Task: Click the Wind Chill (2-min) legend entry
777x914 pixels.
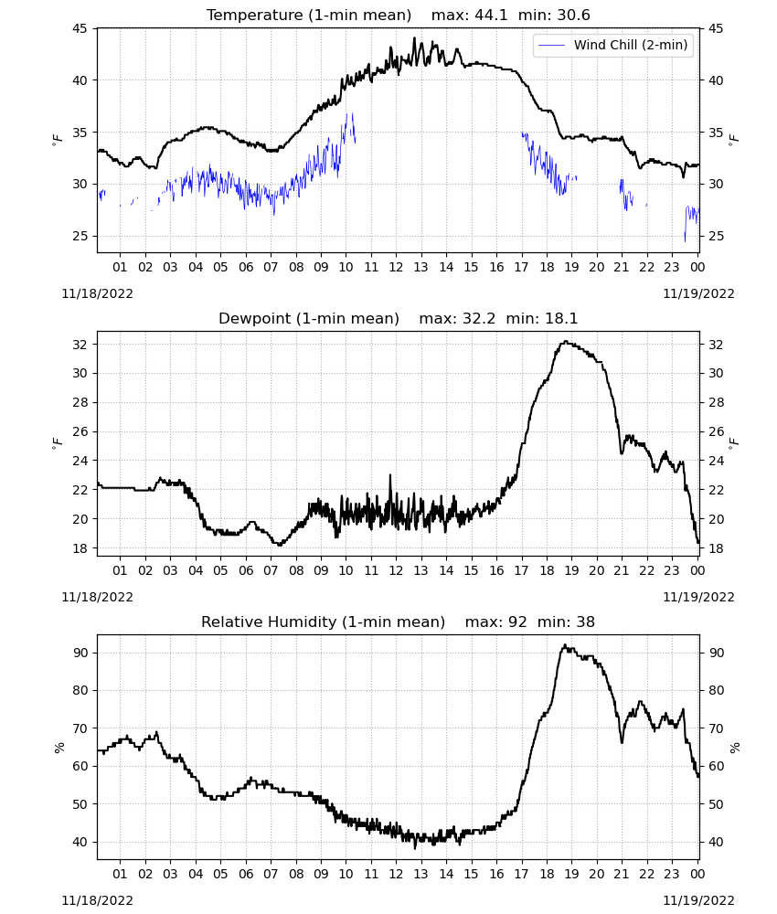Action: (x=612, y=45)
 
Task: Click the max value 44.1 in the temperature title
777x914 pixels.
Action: (x=492, y=15)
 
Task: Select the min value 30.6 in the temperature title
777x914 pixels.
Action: (x=573, y=15)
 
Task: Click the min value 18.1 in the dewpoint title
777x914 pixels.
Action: (x=561, y=318)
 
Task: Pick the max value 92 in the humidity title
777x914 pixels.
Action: (x=517, y=622)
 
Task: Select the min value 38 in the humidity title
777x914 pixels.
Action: (x=586, y=622)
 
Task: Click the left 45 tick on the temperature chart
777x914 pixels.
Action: (x=80, y=28)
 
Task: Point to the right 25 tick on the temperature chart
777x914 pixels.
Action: (x=716, y=236)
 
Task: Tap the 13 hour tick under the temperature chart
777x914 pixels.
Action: (x=420, y=267)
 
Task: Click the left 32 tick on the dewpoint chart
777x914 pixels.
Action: (x=80, y=345)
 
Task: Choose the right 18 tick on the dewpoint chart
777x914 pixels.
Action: (x=716, y=548)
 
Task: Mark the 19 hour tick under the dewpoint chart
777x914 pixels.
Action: (x=571, y=570)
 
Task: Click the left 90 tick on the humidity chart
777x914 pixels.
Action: (x=80, y=653)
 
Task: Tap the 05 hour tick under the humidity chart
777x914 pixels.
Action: (x=220, y=874)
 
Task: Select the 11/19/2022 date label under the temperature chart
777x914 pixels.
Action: (x=698, y=293)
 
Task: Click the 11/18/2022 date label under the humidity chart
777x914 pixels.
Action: (x=97, y=900)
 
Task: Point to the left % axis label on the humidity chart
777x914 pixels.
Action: (x=59, y=748)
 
